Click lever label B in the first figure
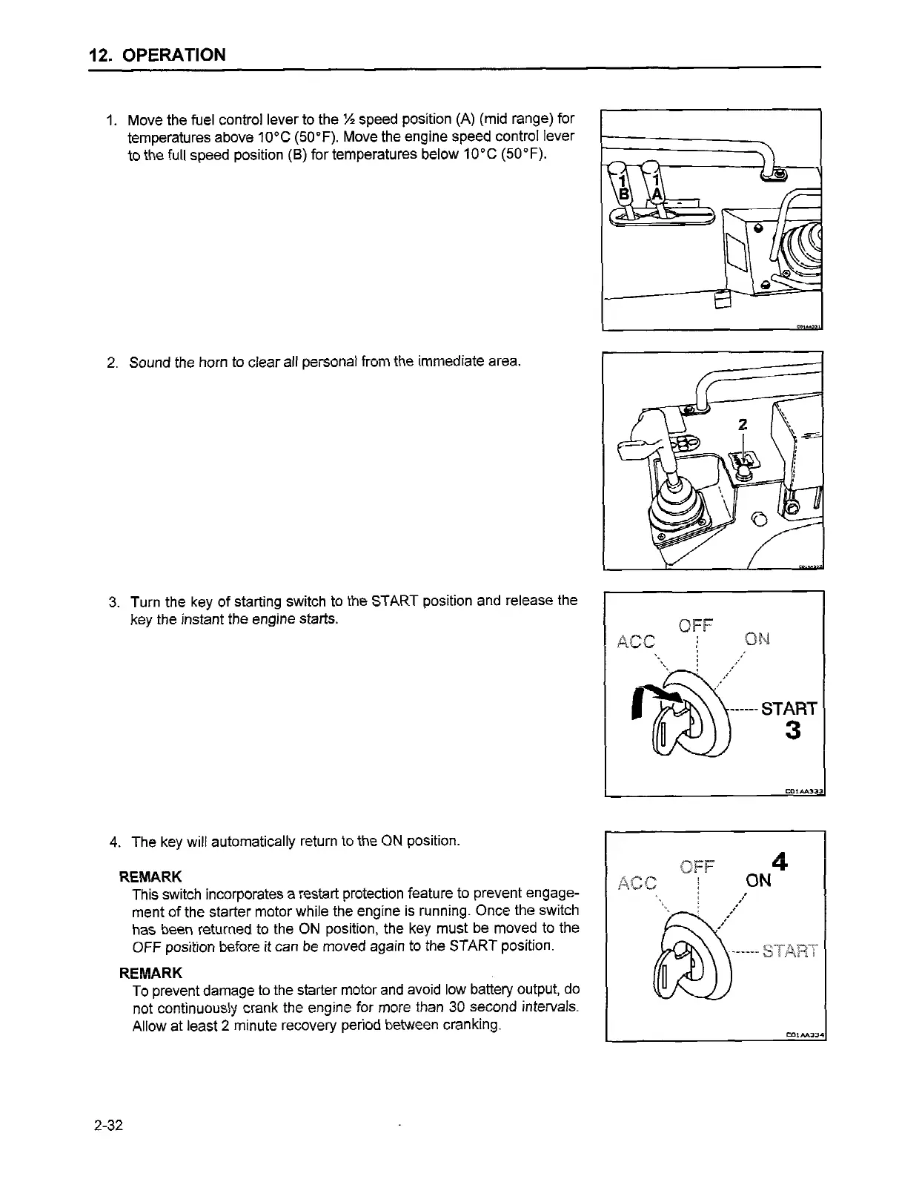(624, 194)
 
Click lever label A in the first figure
(657, 194)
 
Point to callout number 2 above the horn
(742, 425)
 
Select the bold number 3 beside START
(792, 731)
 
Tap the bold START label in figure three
(789, 708)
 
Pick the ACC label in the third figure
(637, 641)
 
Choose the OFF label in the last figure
(697, 866)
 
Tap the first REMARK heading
(150, 877)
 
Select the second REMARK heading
(150, 972)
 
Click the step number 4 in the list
(114, 842)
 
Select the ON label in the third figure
(757, 638)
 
